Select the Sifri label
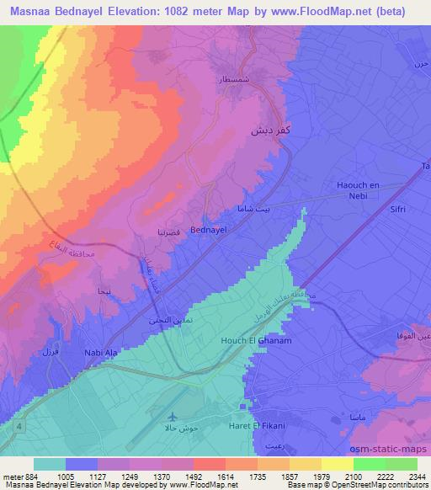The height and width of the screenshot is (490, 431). [398, 211]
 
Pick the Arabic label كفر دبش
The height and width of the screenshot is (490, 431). [263, 132]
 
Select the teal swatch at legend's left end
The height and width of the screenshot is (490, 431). [50, 464]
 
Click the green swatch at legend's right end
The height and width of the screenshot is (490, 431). [401, 464]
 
